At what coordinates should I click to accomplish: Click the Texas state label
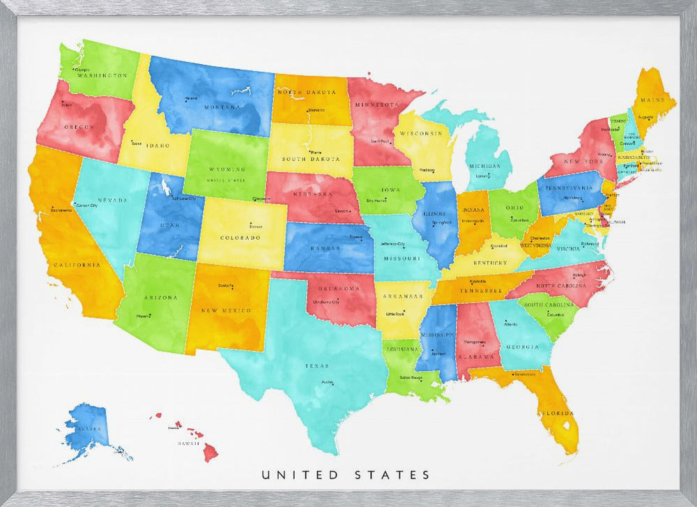point(316,365)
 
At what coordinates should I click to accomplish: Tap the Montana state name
point(222,107)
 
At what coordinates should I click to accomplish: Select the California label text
point(76,265)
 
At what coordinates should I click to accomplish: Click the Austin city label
point(326,382)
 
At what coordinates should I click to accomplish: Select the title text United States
point(346,475)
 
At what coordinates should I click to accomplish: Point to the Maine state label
point(657,100)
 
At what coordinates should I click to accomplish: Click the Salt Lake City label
point(183,199)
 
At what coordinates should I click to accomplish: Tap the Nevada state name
point(112,200)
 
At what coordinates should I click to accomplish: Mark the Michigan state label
point(484,167)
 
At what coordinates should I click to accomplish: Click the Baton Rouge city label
point(411,378)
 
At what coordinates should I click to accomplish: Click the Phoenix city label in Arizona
point(144,316)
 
